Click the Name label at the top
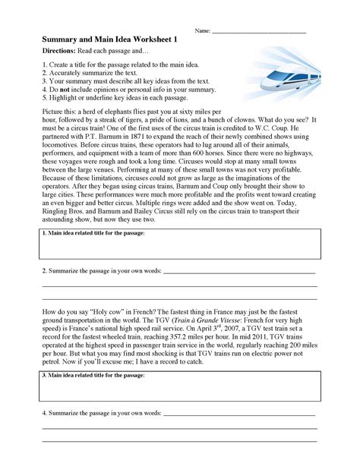(202, 31)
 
